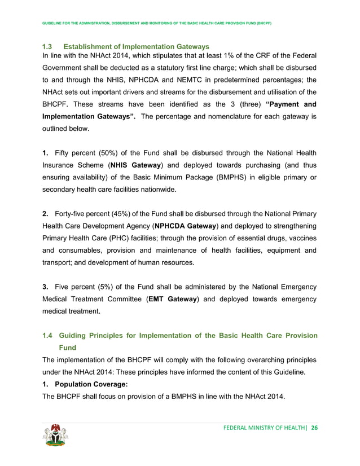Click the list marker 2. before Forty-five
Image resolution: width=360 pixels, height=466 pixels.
(46, 213)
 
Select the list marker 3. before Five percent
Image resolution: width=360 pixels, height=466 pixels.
(46, 287)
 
